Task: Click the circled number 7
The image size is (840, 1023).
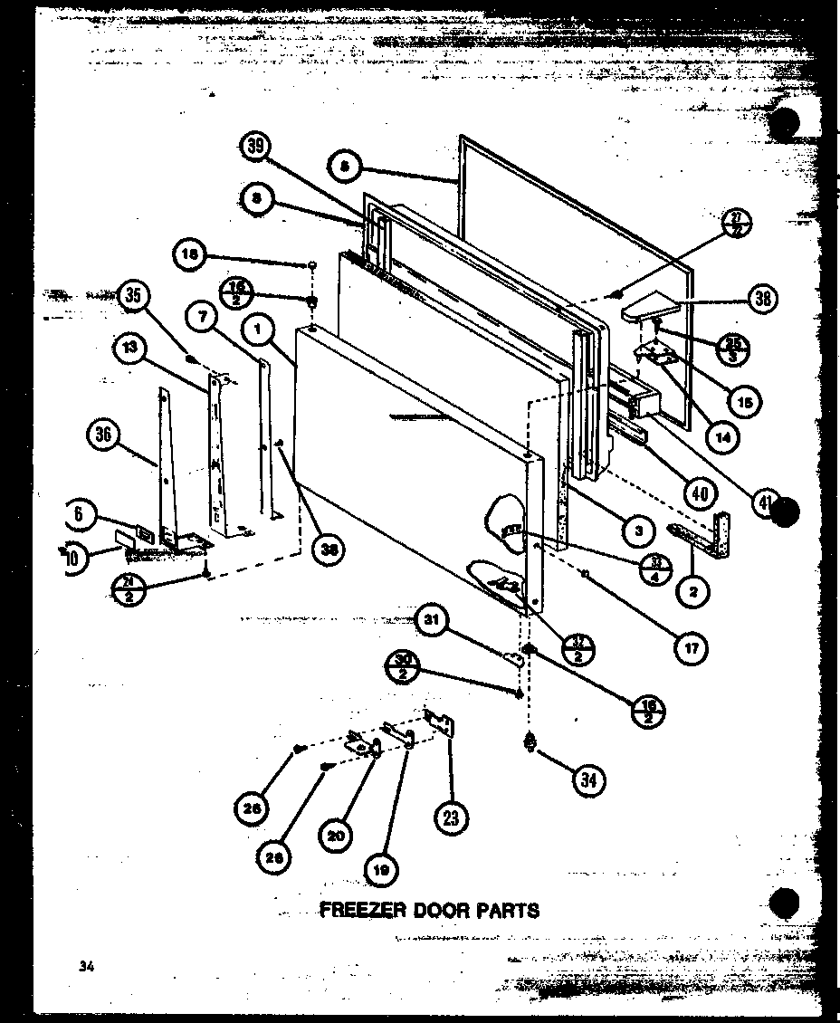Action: click(203, 317)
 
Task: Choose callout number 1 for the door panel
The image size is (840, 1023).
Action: click(260, 332)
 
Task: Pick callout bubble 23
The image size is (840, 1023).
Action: click(452, 817)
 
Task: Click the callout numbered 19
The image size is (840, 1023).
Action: click(379, 871)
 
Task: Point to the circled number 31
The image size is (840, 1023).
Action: click(433, 620)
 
